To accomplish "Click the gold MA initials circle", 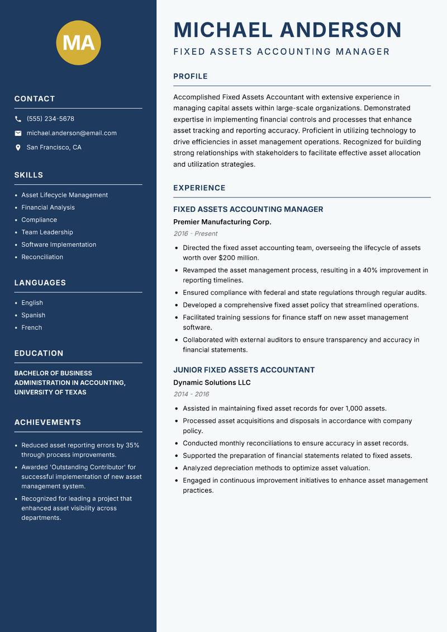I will click(79, 43).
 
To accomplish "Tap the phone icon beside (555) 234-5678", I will click(18, 119).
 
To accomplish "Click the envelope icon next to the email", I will click(18, 133).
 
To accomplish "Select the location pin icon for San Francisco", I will click(18, 148).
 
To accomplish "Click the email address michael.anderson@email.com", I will click(72, 133).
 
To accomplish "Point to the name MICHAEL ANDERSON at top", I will click(287, 30).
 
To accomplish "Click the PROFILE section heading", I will click(190, 77).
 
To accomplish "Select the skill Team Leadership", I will click(47, 232).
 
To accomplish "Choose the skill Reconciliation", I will click(42, 257).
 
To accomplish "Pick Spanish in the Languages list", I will click(33, 315).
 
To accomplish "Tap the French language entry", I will click(31, 327).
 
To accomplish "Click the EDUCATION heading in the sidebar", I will click(39, 353).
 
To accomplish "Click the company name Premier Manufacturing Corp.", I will click(222, 222).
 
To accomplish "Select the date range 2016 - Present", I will click(195, 234).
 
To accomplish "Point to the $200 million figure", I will click(240, 258).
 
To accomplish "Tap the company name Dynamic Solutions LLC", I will click(212, 383).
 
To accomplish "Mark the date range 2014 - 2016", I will click(191, 394).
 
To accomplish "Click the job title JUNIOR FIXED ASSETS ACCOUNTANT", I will click(244, 370).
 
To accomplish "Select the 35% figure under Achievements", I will click(132, 445).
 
